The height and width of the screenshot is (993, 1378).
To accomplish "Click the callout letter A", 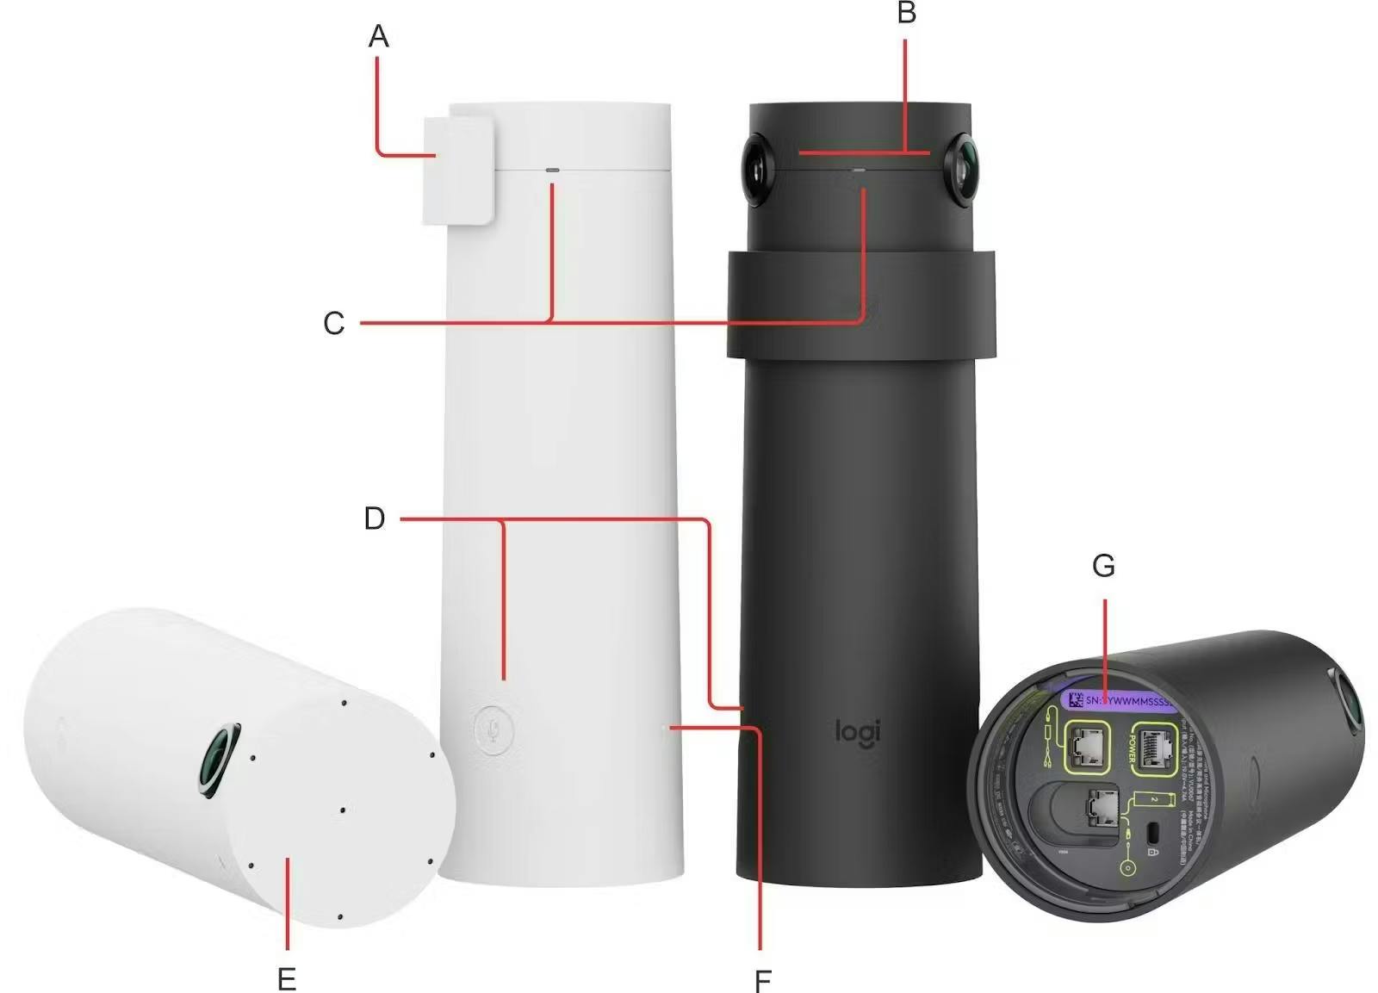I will [378, 36].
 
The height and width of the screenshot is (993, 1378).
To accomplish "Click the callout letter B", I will [906, 13].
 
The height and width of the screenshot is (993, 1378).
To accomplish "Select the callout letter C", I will [333, 324].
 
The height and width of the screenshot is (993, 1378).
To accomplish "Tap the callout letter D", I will [375, 518].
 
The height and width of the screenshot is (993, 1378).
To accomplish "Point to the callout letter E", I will [287, 978].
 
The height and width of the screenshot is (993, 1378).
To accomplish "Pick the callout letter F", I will [762, 980].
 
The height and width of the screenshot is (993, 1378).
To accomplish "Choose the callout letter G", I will [1103, 566].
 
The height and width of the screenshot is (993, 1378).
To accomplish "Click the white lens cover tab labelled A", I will [457, 171].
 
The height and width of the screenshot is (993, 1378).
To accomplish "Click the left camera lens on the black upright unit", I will [756, 170].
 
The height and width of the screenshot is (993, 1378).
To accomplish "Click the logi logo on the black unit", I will [857, 732].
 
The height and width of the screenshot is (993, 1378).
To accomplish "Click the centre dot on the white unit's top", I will [343, 810].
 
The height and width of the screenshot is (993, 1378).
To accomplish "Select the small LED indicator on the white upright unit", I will [552, 170].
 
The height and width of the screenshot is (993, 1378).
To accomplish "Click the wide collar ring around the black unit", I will [861, 304].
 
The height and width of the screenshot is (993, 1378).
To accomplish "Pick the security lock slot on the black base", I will [1154, 833].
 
